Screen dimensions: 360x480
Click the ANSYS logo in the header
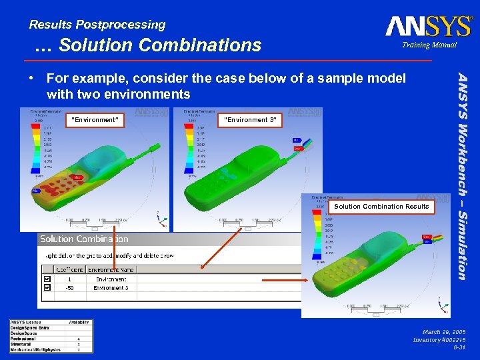(x=428, y=26)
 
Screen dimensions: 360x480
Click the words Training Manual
(x=429, y=45)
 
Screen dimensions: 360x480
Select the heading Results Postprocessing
(x=97, y=25)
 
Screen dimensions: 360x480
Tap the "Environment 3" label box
(x=250, y=120)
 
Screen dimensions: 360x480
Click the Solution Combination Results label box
(x=381, y=207)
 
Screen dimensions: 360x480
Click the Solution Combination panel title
(x=84, y=239)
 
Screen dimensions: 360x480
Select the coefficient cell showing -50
(x=69, y=288)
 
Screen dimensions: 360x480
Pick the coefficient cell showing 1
(x=69, y=279)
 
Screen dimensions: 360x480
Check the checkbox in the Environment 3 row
(x=47, y=288)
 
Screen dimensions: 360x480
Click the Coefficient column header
(x=69, y=269)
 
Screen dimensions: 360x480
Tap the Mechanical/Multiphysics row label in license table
(x=35, y=349)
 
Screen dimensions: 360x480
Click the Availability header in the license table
(x=79, y=323)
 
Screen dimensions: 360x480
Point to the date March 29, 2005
(x=444, y=331)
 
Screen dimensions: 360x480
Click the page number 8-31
(x=459, y=347)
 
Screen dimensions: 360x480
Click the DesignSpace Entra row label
(x=29, y=328)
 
